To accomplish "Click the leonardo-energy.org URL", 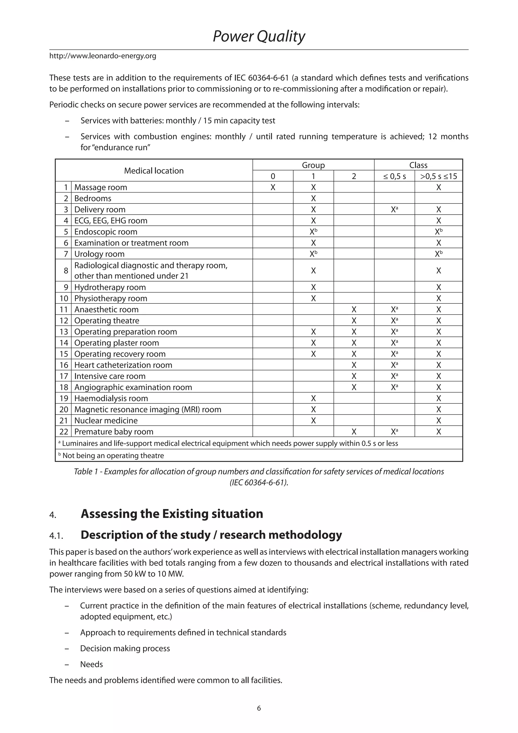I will click(103, 56).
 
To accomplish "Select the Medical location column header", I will click(154, 171).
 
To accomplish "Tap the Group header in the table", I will click(313, 165).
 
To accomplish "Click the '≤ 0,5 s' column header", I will click(394, 176).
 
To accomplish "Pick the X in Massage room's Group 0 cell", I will click(273, 187).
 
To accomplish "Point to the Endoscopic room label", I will click(105, 232).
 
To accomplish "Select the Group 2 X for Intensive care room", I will click(354, 376).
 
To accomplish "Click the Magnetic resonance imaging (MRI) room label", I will click(148, 409).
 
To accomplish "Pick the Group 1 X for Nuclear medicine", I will click(313, 420).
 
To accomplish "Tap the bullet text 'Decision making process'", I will click(125, 648).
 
